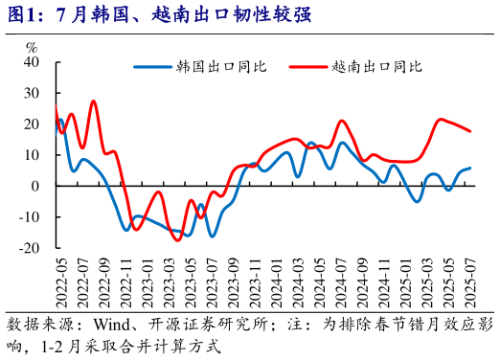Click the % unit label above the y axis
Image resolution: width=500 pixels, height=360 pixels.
click(x=32, y=47)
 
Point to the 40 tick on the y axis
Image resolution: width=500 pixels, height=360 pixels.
click(x=31, y=62)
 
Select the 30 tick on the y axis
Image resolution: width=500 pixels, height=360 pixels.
click(x=31, y=93)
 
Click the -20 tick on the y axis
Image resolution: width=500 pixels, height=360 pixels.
click(x=28, y=248)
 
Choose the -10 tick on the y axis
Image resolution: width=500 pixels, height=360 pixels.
click(x=28, y=217)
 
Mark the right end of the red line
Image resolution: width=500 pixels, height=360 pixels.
click(x=470, y=131)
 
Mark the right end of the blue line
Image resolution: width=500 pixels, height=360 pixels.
click(x=470, y=169)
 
